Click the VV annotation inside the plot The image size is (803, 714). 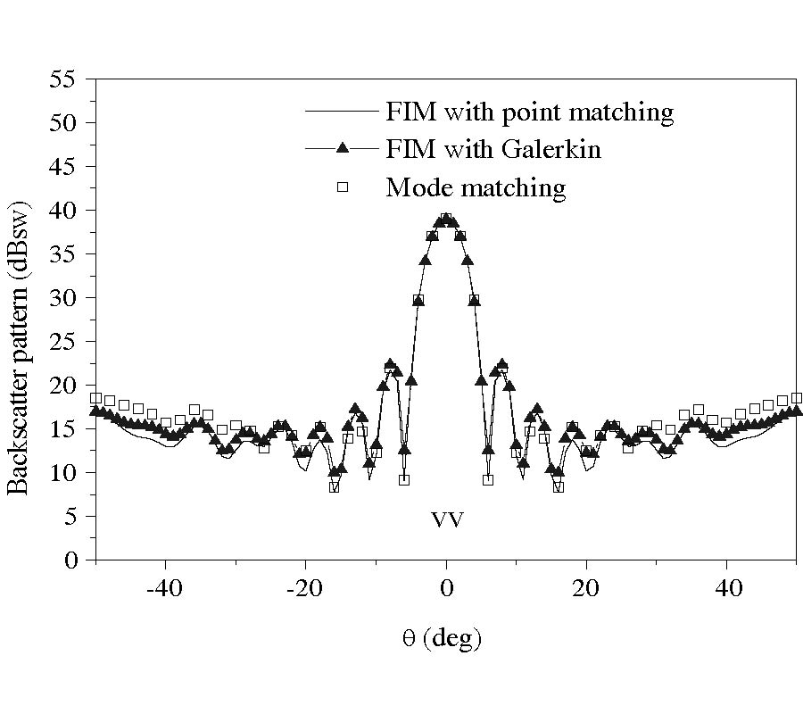447,520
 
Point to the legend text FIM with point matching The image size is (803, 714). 529,112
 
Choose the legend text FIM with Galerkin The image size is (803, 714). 493,149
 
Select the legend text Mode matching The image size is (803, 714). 476,187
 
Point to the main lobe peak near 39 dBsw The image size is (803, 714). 446,218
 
